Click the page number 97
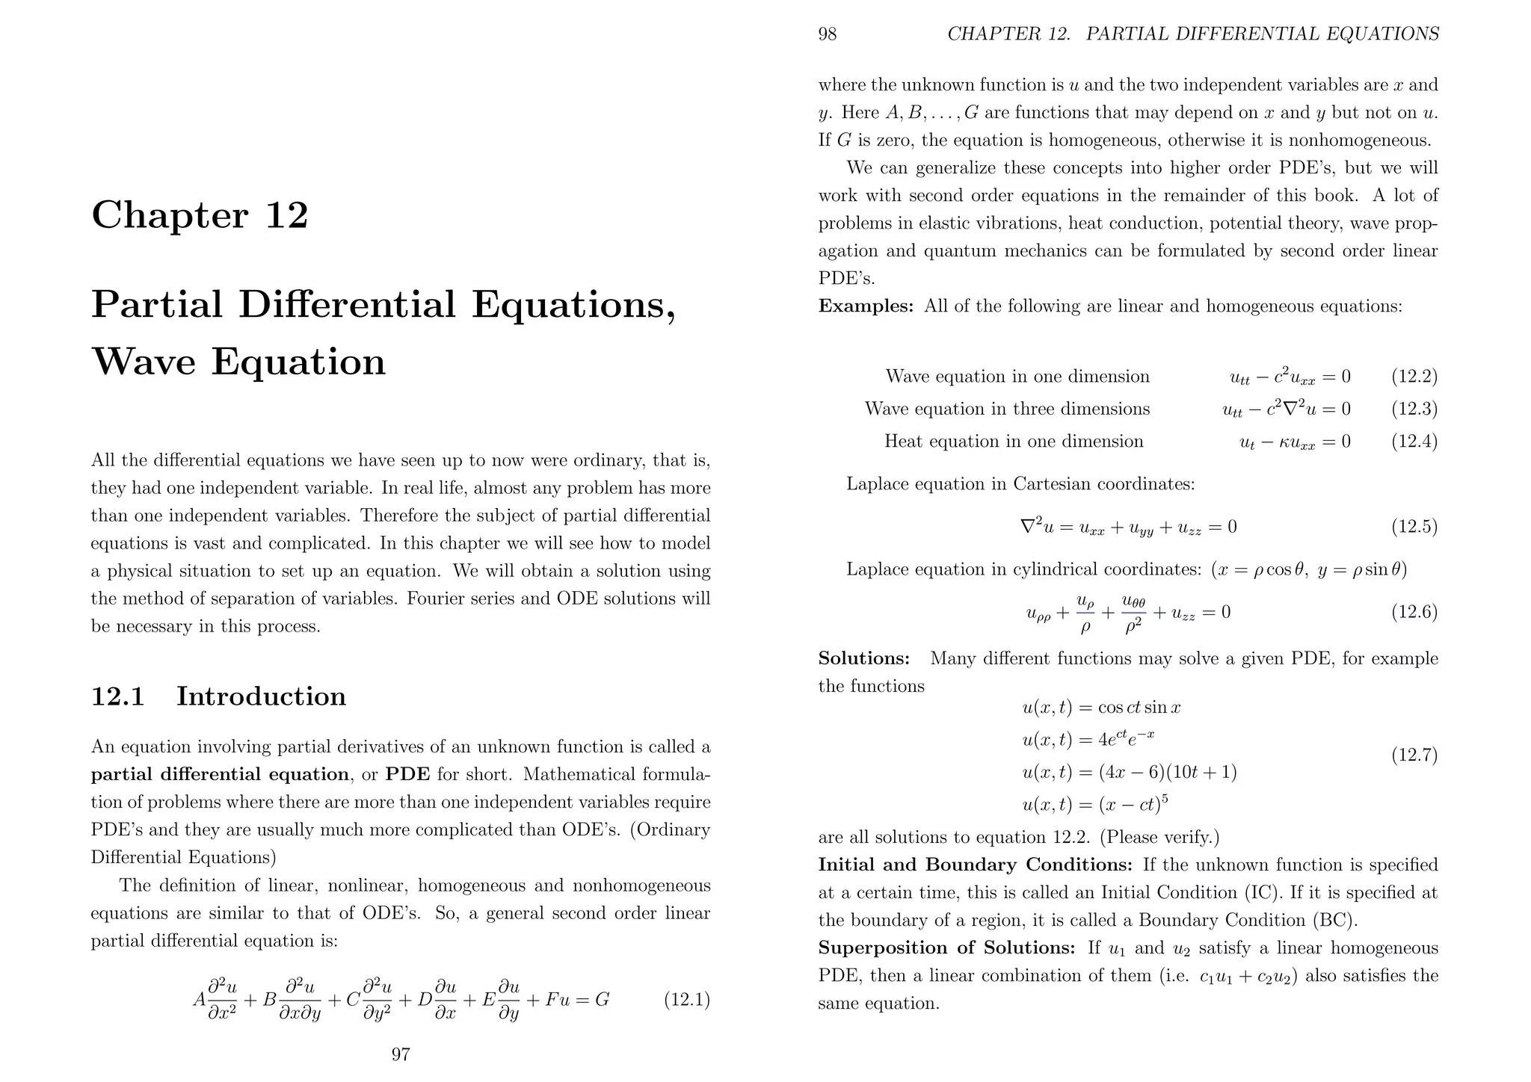pyautogui.click(x=401, y=1054)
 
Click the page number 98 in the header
pyautogui.click(x=828, y=34)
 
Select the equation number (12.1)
pyautogui.click(x=686, y=1000)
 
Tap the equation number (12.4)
pyautogui.click(x=1414, y=442)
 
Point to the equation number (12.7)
pyautogui.click(x=1414, y=755)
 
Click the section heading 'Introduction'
pyautogui.click(x=261, y=696)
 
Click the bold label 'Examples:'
pyautogui.click(x=866, y=306)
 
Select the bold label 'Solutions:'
pyautogui.click(x=863, y=658)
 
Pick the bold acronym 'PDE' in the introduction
pyautogui.click(x=407, y=774)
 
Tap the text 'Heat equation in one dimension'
pyautogui.click(x=1014, y=442)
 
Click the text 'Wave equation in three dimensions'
pyautogui.click(x=1007, y=409)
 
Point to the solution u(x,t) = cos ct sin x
pyautogui.click(x=1100, y=708)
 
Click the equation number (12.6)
pyautogui.click(x=1414, y=613)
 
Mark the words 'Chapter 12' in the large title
pyautogui.click(x=200, y=215)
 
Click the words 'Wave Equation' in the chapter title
pyautogui.click(x=238, y=362)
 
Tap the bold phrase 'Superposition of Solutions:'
pyautogui.click(x=946, y=948)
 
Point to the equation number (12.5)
pyautogui.click(x=1414, y=528)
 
